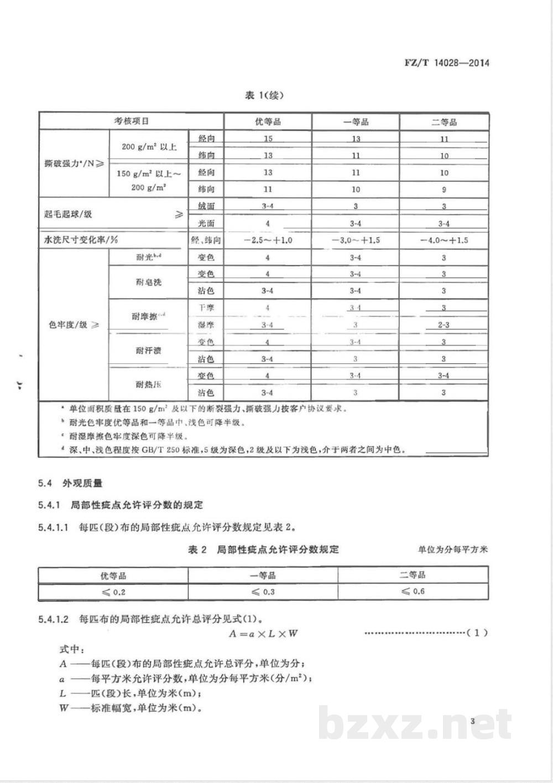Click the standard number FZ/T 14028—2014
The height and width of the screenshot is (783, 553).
(x=446, y=63)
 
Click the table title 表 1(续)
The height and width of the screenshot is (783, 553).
(x=264, y=96)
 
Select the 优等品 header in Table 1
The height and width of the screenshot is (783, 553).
(x=268, y=121)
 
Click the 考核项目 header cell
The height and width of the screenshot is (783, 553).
(x=131, y=121)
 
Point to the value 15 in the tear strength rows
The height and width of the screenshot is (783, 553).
(x=268, y=139)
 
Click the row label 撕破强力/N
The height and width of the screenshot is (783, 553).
(x=74, y=163)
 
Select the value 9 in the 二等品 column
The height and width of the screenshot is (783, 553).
(x=444, y=189)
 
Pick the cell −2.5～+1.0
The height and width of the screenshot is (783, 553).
(x=268, y=240)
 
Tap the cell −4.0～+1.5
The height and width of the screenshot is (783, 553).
(x=444, y=240)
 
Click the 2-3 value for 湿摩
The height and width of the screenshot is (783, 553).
(x=444, y=325)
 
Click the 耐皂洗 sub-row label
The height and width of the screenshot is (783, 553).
(x=148, y=282)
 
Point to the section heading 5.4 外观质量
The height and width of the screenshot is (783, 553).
(x=70, y=483)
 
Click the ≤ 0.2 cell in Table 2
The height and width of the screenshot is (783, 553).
(x=113, y=592)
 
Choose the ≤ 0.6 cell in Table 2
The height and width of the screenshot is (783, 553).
(x=413, y=591)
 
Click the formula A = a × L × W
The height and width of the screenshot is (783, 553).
(x=263, y=633)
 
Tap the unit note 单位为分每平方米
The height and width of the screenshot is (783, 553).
(x=452, y=549)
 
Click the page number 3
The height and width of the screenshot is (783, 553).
(x=472, y=721)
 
